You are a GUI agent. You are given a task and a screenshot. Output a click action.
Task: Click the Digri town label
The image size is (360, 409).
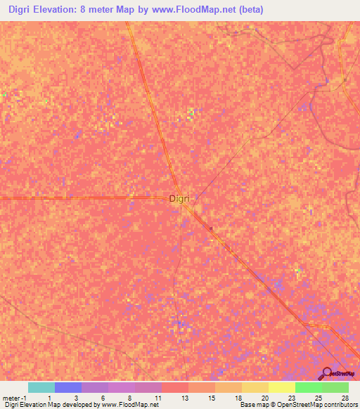(179, 199)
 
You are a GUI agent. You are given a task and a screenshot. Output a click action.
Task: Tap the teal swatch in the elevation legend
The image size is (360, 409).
(41, 387)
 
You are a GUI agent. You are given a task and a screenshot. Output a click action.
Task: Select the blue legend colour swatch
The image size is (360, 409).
(67, 387)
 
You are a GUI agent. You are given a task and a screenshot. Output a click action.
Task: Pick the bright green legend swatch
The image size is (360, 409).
(308, 387)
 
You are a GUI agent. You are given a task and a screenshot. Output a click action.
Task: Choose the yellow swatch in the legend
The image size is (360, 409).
(281, 387)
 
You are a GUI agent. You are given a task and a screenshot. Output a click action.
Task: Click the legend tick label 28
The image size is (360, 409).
(345, 398)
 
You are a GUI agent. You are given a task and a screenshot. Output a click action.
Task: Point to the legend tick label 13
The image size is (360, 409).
(184, 398)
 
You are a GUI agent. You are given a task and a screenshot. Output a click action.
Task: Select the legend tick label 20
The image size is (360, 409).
(264, 398)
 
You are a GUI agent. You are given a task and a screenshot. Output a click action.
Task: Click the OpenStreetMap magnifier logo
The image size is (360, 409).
(326, 373)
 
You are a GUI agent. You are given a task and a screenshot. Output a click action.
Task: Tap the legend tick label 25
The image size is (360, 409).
(318, 398)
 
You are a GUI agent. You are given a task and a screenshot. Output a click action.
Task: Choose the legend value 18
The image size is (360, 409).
(238, 398)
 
